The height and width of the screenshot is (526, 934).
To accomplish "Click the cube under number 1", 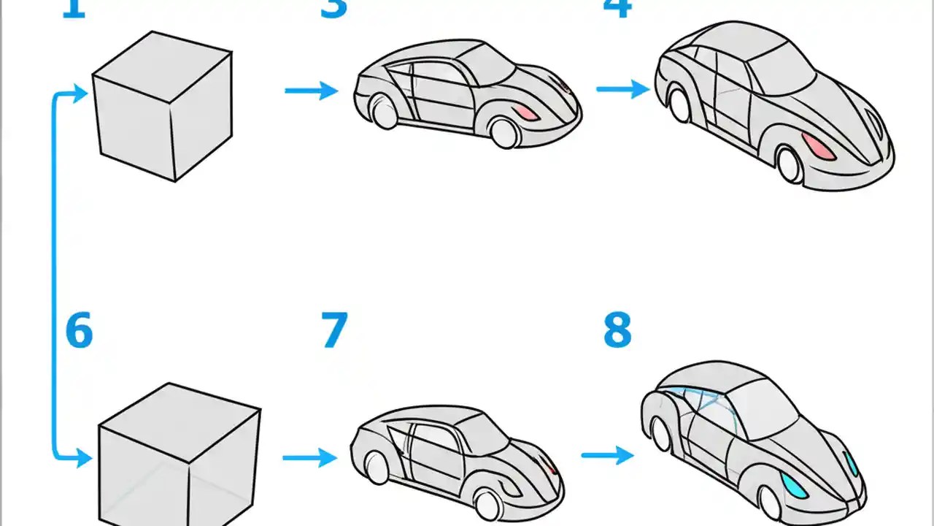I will click(x=163, y=105).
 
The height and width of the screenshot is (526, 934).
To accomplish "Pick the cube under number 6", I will click(x=179, y=457).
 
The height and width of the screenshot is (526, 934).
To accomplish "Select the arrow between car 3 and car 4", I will click(x=622, y=89).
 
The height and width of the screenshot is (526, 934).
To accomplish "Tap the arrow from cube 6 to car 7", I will click(x=309, y=458).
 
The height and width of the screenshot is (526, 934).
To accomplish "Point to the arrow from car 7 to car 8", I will click(x=607, y=455).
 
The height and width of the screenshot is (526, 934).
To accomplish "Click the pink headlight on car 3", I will click(x=525, y=113).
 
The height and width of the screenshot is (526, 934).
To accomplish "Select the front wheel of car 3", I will click(x=503, y=133).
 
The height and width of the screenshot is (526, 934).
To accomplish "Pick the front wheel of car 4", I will click(x=790, y=164).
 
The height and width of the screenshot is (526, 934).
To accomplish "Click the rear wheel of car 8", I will click(x=661, y=435).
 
